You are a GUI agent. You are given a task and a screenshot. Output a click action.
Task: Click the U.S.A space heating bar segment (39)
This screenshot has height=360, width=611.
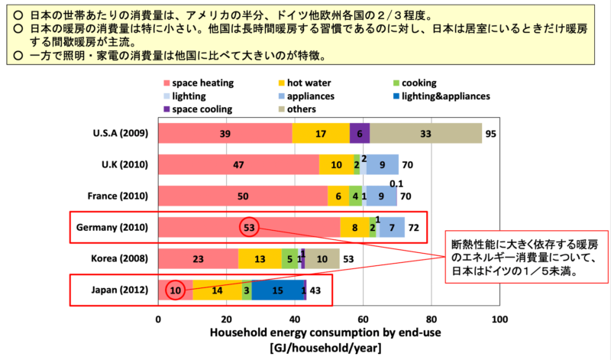pyautogui.click(x=225, y=134)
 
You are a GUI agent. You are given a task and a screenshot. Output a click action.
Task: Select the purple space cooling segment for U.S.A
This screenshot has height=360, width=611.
pyautogui.click(x=360, y=134)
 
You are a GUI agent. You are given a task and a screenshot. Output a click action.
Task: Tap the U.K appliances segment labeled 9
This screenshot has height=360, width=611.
pyautogui.click(x=383, y=164)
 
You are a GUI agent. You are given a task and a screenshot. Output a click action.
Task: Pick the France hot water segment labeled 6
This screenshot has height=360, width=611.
pyautogui.click(x=338, y=196)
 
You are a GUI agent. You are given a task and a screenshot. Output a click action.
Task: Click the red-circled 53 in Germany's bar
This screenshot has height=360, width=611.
pyautogui.click(x=249, y=227)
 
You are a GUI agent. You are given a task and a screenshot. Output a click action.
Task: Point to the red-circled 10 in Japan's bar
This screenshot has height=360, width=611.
pyautogui.click(x=176, y=290)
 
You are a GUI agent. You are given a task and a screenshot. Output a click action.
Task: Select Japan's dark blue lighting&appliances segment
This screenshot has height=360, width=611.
pyautogui.click(x=278, y=290)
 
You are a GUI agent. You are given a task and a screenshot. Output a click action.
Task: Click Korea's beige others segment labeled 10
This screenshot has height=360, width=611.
pyautogui.click(x=322, y=258)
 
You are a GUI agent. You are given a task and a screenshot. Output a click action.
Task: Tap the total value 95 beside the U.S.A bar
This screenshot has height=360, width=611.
pyautogui.click(x=490, y=134)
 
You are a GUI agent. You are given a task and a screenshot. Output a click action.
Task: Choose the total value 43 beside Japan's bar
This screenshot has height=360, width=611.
pyautogui.click(x=315, y=290)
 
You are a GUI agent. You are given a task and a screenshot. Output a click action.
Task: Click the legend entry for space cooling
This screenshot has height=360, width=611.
pyautogui.click(x=198, y=109)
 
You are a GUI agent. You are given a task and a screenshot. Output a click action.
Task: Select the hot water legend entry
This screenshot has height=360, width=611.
pyautogui.click(x=305, y=83)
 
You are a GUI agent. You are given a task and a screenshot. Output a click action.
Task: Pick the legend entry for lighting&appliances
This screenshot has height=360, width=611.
pyautogui.click(x=442, y=96)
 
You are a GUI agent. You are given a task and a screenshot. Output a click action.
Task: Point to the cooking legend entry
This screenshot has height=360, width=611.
pyautogui.click(x=415, y=83)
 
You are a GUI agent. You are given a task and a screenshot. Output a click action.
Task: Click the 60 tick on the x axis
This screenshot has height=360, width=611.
pyautogui.click(x=363, y=319)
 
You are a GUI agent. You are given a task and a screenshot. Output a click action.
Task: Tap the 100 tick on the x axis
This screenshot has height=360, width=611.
pyautogui.click(x=499, y=319)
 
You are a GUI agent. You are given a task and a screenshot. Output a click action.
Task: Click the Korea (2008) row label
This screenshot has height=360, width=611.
pyautogui.click(x=120, y=258)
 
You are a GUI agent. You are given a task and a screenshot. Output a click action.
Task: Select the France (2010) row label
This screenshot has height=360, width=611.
pyautogui.click(x=118, y=196)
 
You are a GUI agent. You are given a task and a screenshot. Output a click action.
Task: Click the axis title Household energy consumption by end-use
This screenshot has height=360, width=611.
pyautogui.click(x=325, y=332)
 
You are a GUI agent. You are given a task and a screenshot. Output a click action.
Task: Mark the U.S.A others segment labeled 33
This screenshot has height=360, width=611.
pyautogui.click(x=425, y=134)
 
